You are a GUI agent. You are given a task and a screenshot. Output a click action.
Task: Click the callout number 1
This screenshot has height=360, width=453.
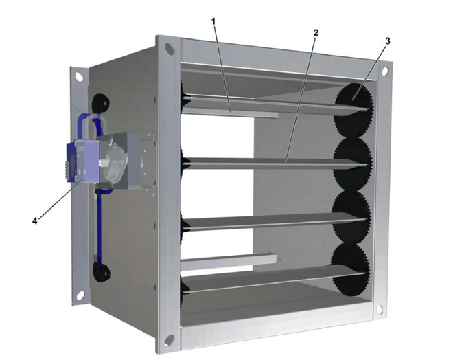click(x=213, y=21)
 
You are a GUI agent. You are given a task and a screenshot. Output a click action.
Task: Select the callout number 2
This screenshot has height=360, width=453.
click(x=316, y=33)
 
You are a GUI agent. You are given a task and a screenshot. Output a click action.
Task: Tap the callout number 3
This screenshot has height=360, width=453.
click(x=387, y=41)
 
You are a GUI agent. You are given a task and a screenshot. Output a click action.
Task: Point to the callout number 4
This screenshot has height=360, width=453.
click(x=35, y=221)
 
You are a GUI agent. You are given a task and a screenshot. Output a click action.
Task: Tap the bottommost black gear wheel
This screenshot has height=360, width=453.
click(x=350, y=269)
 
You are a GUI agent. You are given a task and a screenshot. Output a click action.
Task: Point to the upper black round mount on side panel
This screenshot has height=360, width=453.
click(x=100, y=103)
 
